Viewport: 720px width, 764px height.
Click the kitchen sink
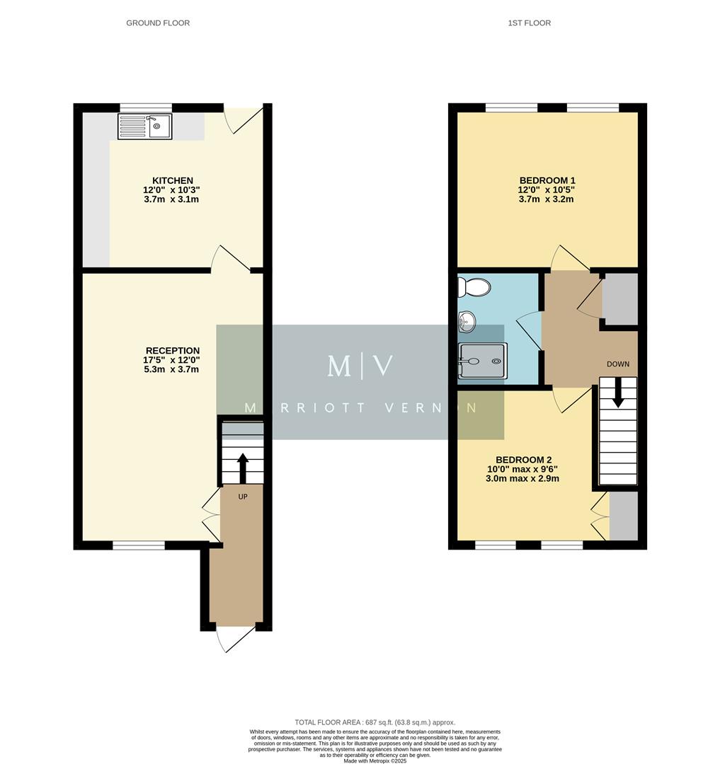pyautogui.click(x=144, y=126)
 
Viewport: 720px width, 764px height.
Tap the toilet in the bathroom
pyautogui.click(x=473, y=287)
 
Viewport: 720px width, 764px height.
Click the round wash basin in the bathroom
pyautogui.click(x=467, y=323)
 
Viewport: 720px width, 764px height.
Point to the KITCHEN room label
pyautogui.click(x=173, y=181)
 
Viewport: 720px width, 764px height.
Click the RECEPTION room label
pyautogui.click(x=172, y=351)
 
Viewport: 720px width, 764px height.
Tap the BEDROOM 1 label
pyautogui.click(x=546, y=180)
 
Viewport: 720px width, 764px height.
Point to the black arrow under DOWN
pyautogui.click(x=618, y=393)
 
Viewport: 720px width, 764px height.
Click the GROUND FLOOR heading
pyautogui.click(x=158, y=23)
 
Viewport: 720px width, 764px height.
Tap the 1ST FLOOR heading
pyautogui.click(x=529, y=23)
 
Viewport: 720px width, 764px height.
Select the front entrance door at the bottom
pyautogui.click(x=235, y=638)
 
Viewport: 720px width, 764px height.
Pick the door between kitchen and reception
pyautogui.click(x=230, y=260)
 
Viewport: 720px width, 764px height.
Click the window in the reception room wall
pyautogui.click(x=139, y=545)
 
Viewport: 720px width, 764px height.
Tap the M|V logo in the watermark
pyautogui.click(x=360, y=366)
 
